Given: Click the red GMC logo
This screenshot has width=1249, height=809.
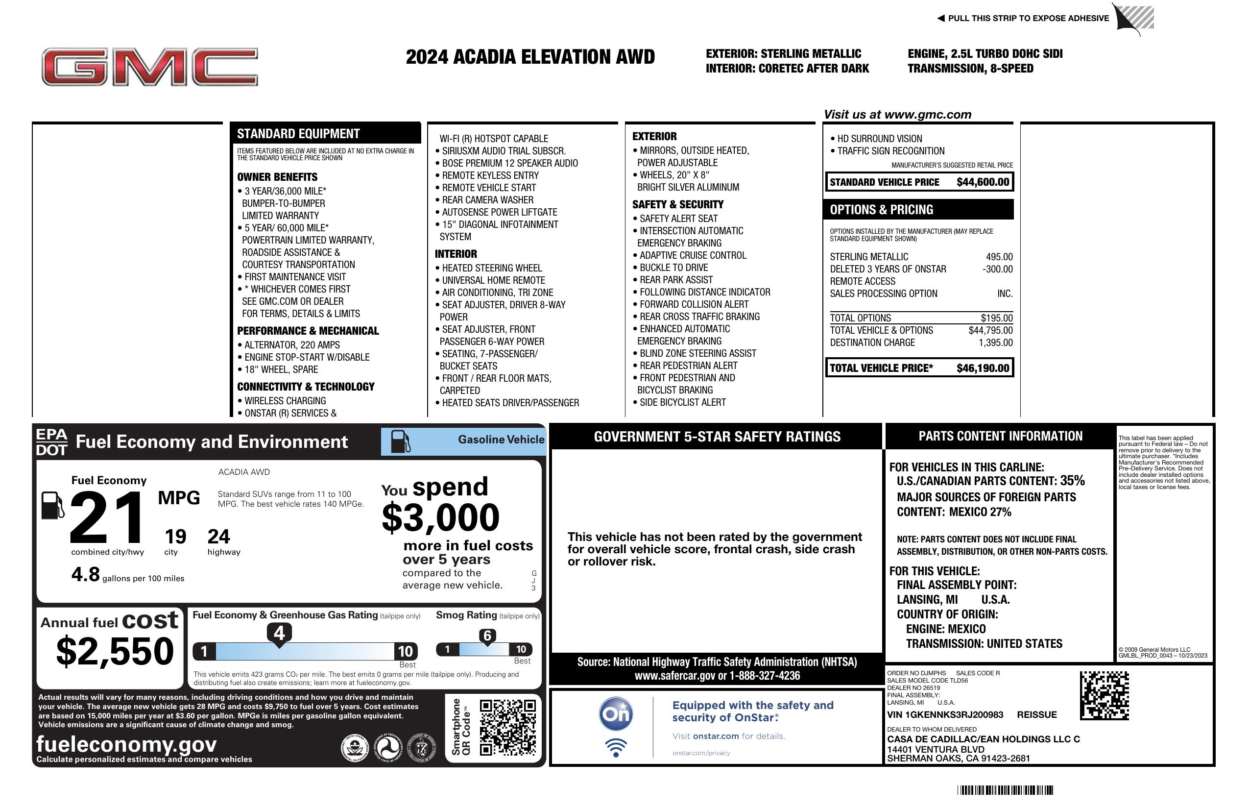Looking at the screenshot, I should (149, 67).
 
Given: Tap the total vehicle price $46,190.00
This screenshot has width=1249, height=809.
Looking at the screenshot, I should (983, 368).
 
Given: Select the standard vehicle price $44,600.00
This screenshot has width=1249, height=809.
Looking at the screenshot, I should (983, 182).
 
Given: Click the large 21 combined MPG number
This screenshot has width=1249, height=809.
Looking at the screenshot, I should (107, 517).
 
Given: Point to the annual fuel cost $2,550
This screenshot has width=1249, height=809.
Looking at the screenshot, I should (115, 651).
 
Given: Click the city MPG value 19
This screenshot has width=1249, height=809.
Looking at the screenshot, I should (175, 537).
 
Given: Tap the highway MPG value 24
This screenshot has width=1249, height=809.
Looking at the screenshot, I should (218, 537).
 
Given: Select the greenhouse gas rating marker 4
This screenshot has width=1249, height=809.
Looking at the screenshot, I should (279, 633).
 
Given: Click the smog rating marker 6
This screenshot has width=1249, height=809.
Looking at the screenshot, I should (487, 636).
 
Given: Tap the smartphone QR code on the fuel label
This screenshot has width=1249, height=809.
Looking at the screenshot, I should (507, 727).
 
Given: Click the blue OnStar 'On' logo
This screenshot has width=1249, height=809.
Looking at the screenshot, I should (616, 714).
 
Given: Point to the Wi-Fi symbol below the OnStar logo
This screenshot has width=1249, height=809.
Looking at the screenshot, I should (616, 747).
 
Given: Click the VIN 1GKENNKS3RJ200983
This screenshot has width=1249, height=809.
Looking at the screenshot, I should (945, 714).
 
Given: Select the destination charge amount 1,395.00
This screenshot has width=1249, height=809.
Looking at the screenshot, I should (995, 343).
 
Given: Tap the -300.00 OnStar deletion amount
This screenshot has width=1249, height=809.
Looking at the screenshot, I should (997, 270).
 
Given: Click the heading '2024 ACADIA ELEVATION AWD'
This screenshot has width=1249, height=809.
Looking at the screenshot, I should (530, 57).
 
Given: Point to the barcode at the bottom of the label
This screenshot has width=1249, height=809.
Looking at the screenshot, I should (1005, 790).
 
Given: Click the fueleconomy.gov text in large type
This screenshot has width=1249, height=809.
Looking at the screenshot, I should (126, 744).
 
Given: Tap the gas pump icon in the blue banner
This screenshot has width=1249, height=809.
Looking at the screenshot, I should (401, 441).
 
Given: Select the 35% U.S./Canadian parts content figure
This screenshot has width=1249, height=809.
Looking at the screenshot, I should (1072, 480).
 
